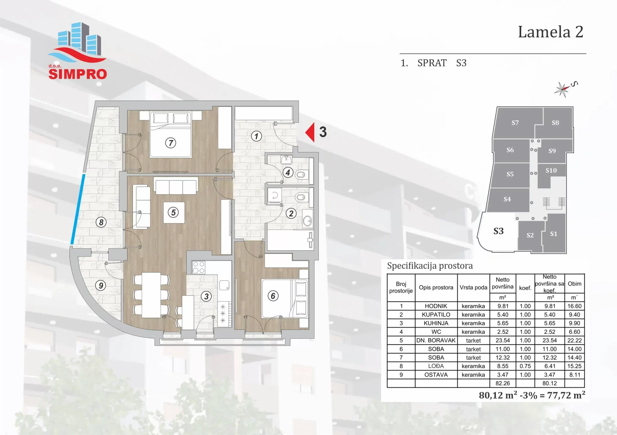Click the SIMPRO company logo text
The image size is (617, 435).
(78, 74)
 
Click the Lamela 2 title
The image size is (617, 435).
(551, 32)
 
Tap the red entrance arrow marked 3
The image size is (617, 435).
(310, 132)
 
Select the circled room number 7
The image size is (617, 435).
(171, 143)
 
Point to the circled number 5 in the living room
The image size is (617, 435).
(173, 212)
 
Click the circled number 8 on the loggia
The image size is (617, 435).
(101, 222)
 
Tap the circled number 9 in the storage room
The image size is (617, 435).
(101, 285)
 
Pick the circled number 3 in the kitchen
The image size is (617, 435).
(206, 296)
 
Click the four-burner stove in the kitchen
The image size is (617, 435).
(199, 268)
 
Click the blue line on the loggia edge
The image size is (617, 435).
(78, 209)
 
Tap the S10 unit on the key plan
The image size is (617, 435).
(551, 171)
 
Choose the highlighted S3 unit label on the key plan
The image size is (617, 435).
(498, 231)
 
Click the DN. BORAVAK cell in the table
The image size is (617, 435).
(436, 340)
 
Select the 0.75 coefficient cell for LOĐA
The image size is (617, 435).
(525, 366)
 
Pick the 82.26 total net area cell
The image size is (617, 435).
(503, 383)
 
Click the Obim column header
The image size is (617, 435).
(575, 284)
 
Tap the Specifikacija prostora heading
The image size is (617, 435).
(430, 266)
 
